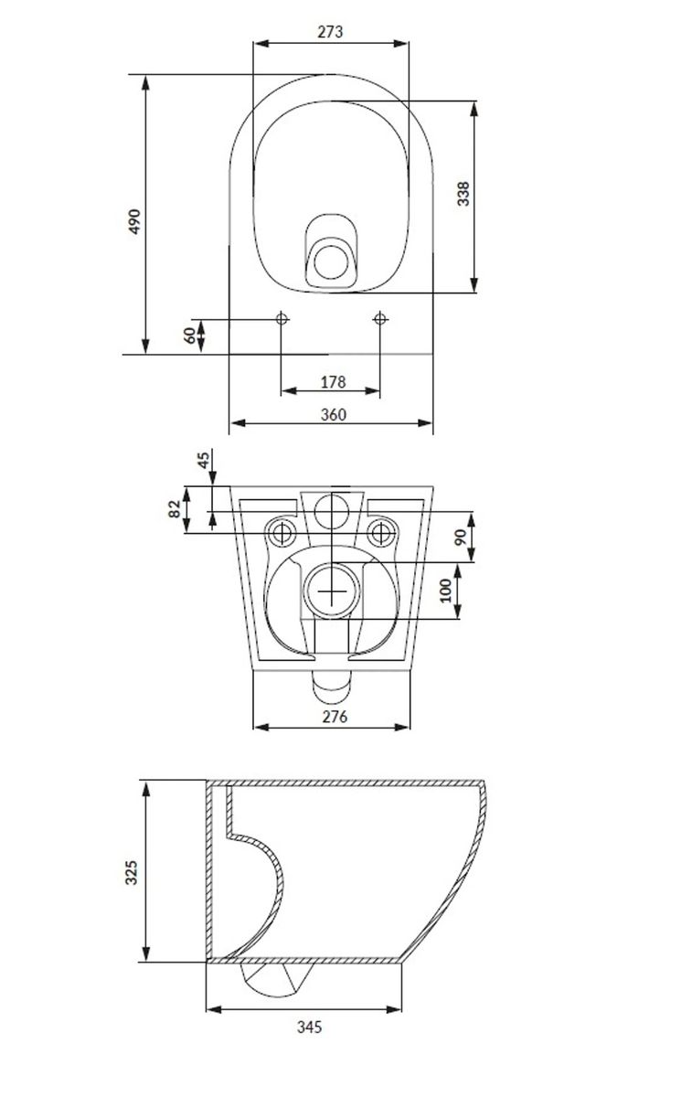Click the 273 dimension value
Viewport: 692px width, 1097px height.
point(330,32)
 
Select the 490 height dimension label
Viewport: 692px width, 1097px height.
point(134,221)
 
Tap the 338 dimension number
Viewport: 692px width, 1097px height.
point(463,194)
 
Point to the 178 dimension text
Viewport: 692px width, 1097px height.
point(333,382)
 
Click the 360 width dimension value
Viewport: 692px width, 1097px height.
point(333,415)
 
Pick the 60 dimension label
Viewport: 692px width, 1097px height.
point(189,335)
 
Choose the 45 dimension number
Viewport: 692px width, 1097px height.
point(203,461)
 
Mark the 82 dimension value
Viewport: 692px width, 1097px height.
point(175,509)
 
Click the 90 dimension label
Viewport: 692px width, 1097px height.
point(461,538)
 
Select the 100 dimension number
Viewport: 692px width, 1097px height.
point(446,591)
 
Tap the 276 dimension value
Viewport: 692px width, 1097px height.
point(335,717)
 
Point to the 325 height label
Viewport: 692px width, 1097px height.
point(132,872)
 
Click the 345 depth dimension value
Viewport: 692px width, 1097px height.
point(310,1027)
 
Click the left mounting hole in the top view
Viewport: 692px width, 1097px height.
point(282,319)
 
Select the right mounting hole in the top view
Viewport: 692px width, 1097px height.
point(379,319)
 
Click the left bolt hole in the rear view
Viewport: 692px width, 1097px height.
point(282,533)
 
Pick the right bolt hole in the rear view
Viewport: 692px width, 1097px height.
point(381,533)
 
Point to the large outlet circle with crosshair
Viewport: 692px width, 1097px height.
point(332,591)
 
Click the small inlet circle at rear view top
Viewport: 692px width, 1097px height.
point(332,512)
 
